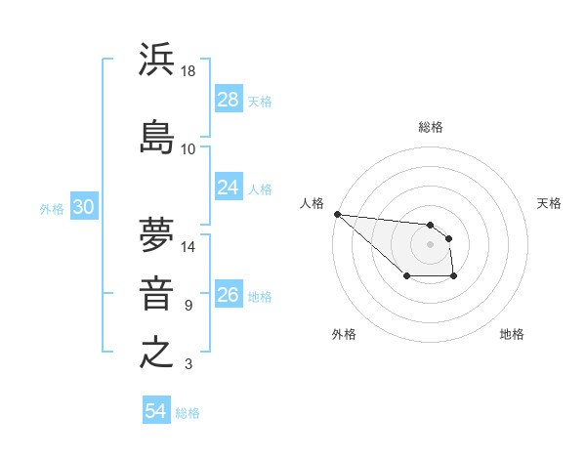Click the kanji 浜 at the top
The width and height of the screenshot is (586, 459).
(157, 60)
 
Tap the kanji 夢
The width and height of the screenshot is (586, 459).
(157, 234)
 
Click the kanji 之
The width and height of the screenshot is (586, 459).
(157, 353)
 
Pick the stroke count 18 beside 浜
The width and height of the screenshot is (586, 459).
(189, 71)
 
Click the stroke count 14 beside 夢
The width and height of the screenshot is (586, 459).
(189, 247)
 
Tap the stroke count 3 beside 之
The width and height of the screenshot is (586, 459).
(188, 365)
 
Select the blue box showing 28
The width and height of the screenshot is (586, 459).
(229, 99)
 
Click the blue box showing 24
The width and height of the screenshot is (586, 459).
(229, 188)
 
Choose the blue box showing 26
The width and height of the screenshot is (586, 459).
(229, 295)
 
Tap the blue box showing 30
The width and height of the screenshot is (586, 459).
(84, 207)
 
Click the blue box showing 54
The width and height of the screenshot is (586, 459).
(156, 411)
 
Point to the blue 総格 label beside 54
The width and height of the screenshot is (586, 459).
(188, 413)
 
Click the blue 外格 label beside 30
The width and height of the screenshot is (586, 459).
(52, 208)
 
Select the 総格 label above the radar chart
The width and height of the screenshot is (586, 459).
(431, 127)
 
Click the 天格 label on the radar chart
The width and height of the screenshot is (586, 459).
(549, 203)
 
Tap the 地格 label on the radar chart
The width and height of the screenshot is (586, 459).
(512, 334)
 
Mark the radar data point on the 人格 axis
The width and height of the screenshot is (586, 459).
(337, 214)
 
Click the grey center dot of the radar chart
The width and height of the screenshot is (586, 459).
(431, 244)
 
